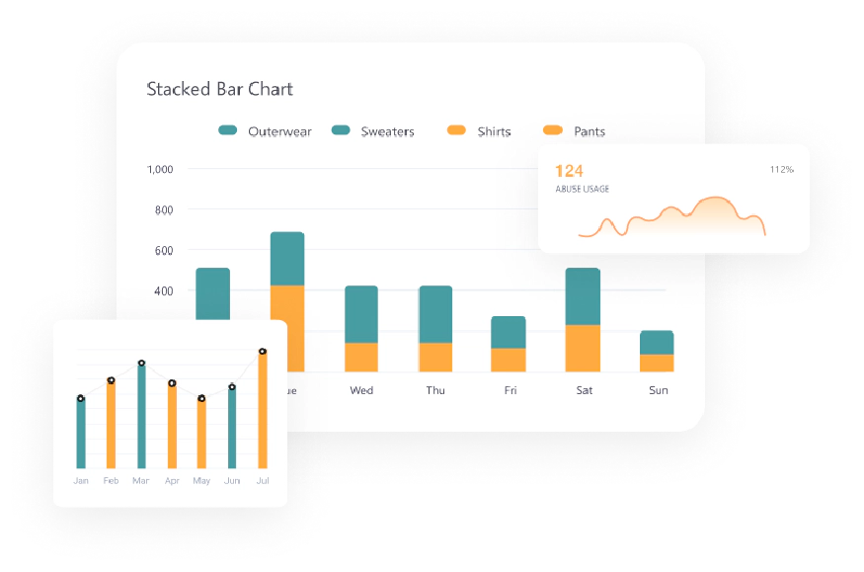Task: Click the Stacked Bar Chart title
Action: pos(219,89)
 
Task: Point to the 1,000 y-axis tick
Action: pos(159,169)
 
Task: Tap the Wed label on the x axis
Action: pos(361,390)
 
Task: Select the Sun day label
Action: pos(658,390)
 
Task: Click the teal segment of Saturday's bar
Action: pos(583,296)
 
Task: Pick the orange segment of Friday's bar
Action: pos(509,360)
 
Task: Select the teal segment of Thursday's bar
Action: pos(435,314)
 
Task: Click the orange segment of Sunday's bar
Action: pos(657,363)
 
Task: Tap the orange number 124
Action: pos(569,171)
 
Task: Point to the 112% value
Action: pos(781,170)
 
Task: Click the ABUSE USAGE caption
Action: pos(582,189)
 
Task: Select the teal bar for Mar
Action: pos(141,417)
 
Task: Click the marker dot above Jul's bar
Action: pos(263,352)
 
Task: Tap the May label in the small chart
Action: pos(201,481)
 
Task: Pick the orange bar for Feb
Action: pos(111,425)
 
